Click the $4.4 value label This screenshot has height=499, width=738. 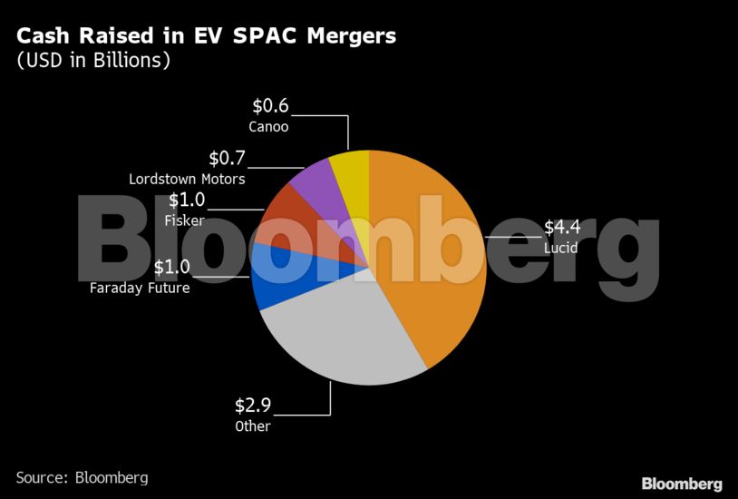pos(561,228)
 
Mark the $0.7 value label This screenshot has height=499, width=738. pos(227,159)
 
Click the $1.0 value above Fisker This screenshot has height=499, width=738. pos(187,201)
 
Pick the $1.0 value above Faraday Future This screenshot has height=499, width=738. pos(171,268)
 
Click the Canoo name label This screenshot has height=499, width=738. pos(268,127)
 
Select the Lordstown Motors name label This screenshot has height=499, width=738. pos(187,179)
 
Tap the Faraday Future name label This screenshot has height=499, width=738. pos(140,289)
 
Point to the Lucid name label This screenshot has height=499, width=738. pos(560,249)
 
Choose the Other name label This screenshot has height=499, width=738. pos(253,426)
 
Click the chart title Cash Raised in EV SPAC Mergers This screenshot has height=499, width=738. pos(206,37)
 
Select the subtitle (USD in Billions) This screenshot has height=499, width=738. pos(93,62)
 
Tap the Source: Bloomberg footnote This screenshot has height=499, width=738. pos(82,477)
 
